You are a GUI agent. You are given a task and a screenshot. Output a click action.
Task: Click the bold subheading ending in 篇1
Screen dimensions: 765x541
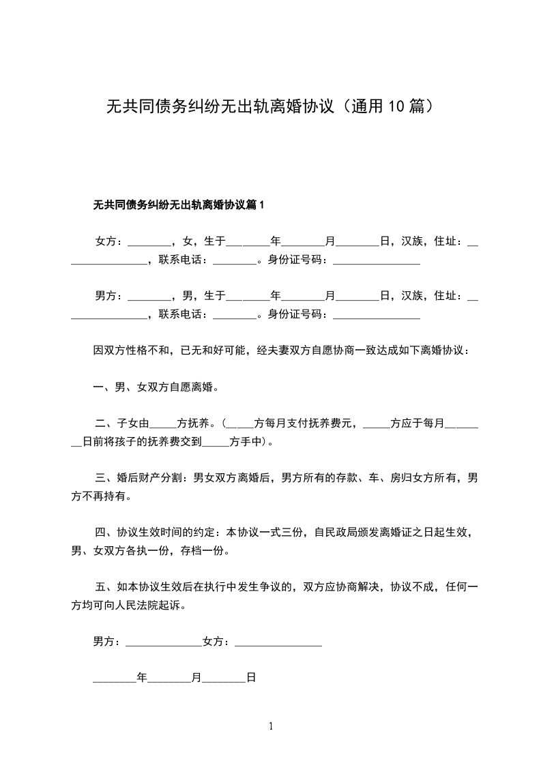coord(178,205)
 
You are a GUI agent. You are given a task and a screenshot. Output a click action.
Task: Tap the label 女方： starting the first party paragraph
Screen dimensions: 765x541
coord(110,241)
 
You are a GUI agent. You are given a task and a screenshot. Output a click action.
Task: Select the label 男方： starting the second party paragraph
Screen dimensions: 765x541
coord(110,296)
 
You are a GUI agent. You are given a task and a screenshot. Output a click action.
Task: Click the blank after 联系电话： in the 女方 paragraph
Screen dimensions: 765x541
coord(235,260)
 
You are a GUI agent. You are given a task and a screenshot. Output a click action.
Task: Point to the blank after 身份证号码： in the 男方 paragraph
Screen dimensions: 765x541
coord(376,315)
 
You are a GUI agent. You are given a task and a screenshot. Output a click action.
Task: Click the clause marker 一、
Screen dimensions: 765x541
coord(104,387)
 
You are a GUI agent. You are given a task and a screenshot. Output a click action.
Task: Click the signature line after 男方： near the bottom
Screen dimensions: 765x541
coord(164,642)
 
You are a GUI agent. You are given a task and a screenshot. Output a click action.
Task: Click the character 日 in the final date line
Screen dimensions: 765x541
coord(250,678)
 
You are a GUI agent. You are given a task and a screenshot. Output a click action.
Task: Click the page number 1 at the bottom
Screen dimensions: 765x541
coord(271,727)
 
